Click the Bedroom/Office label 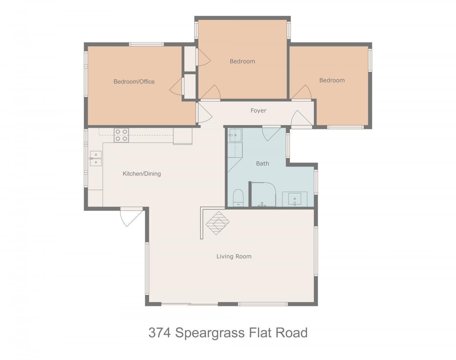click(134, 82)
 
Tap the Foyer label click(258, 111)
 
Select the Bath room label click(263, 163)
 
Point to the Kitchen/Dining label click(142, 174)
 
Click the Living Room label click(234, 256)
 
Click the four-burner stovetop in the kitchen click(122, 135)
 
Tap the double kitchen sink click(96, 159)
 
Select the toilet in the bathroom click(238, 198)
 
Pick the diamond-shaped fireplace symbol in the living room click(217, 223)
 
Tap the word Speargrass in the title click(210, 333)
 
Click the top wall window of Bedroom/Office click(146, 44)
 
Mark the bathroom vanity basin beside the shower click(295, 199)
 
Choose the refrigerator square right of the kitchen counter click(183, 136)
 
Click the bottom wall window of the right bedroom click(345, 127)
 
